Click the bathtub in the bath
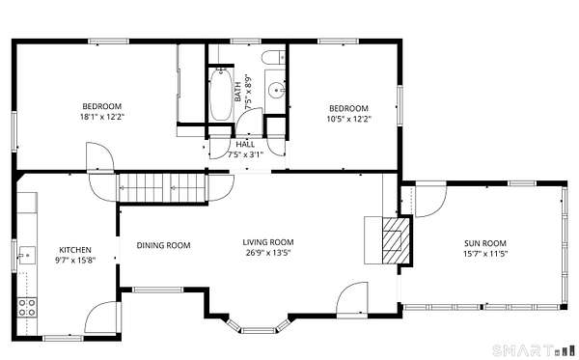[x=221, y=95]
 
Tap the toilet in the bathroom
[x=274, y=57]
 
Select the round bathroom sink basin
[x=276, y=90]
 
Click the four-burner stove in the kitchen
[x=27, y=308]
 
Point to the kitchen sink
[x=27, y=255]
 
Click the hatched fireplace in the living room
[x=397, y=240]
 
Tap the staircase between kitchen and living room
[x=162, y=187]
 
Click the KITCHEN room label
[x=75, y=250]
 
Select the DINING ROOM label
[x=164, y=245]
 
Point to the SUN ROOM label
[x=485, y=243]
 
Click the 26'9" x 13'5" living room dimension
[x=268, y=253]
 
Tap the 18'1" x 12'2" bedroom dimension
[x=101, y=117]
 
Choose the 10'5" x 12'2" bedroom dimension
[x=348, y=119]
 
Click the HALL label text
[x=245, y=145]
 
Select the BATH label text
[x=238, y=92]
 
